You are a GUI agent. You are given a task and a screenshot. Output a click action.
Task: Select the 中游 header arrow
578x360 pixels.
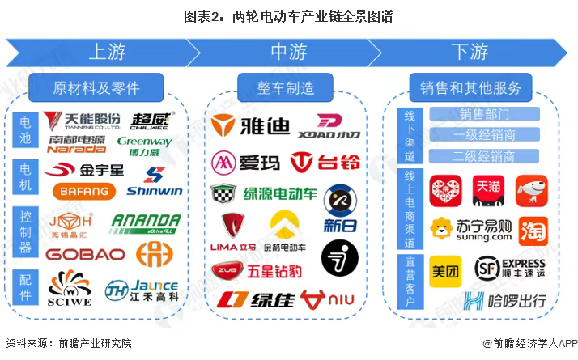[288, 53]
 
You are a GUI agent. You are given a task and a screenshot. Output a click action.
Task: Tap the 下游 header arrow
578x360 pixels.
[470, 53]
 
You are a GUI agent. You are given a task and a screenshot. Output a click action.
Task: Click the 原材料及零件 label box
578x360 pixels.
[96, 87]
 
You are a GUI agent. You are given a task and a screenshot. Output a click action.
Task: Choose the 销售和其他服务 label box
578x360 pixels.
[470, 87]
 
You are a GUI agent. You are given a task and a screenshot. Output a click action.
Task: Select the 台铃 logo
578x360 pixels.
[325, 163]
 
